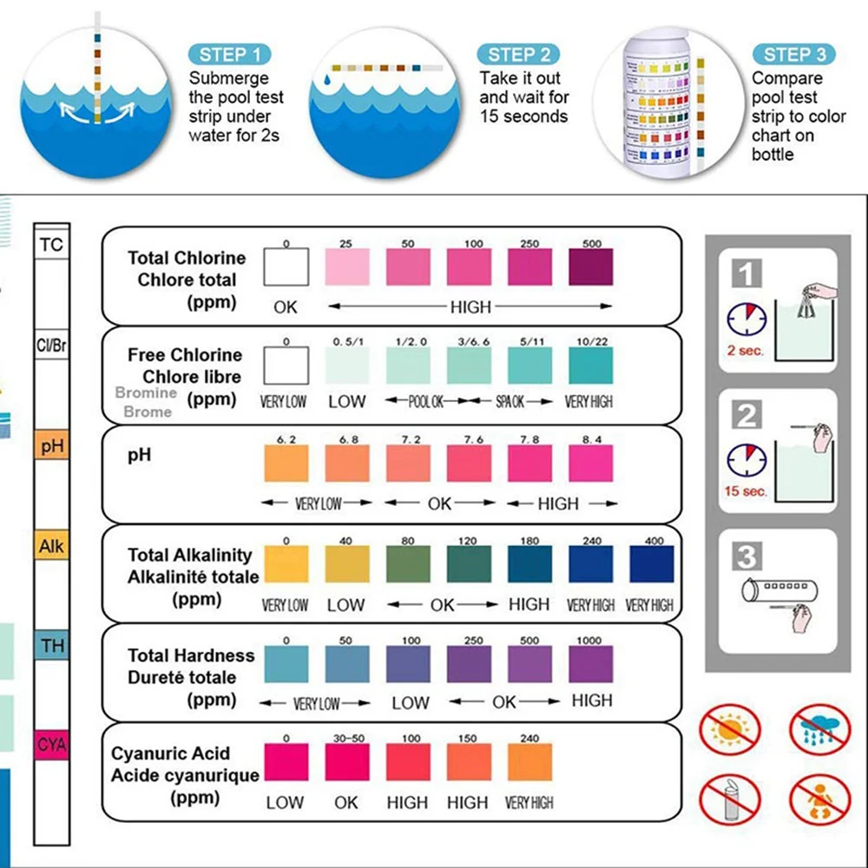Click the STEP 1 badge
229,54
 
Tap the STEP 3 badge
794,54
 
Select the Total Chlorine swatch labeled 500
590,266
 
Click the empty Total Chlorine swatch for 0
286,266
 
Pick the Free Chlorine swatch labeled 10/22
590,365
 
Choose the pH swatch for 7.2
408,464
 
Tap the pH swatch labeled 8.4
590,464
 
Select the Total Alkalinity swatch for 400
652,564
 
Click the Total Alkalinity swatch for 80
408,564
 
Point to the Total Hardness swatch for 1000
590,664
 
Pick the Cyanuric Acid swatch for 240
529,762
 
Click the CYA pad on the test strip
52,745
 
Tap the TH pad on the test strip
52,645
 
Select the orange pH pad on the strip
52,444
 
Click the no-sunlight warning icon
730,729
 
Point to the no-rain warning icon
820,729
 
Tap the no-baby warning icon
820,799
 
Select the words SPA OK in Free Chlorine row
510,401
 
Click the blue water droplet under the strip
327,80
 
